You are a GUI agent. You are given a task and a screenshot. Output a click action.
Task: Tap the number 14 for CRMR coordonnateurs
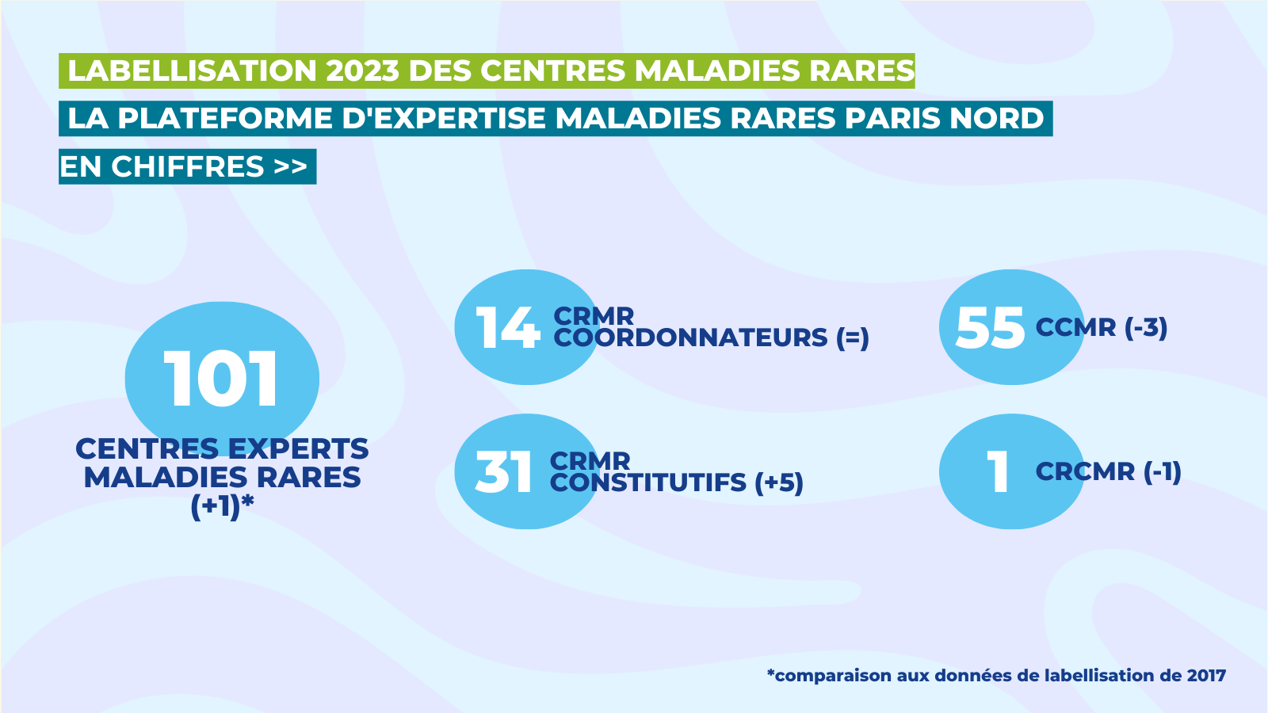click(507, 328)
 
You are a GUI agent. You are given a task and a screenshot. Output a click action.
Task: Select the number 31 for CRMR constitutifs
click(503, 473)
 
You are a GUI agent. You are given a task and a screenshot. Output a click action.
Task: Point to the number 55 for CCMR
click(990, 328)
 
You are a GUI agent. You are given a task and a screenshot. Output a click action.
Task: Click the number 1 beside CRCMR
click(998, 473)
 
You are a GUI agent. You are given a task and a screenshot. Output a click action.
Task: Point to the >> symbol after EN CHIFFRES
click(290, 167)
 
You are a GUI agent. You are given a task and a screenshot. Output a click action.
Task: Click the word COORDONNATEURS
click(690, 338)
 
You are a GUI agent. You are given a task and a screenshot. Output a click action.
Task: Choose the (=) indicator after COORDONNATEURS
click(853, 338)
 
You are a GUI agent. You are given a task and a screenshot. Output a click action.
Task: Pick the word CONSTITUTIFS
click(648, 482)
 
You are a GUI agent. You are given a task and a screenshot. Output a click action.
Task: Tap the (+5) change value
click(779, 482)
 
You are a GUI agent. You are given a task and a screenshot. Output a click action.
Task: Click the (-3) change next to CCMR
click(1146, 328)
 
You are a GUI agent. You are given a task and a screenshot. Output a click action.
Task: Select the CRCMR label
click(1085, 472)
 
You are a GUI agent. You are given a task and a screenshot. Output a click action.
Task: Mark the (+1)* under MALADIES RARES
click(222, 505)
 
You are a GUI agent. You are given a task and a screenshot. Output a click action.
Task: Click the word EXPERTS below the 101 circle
click(298, 449)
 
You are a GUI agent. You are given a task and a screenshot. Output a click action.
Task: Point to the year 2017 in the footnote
click(1206, 676)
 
